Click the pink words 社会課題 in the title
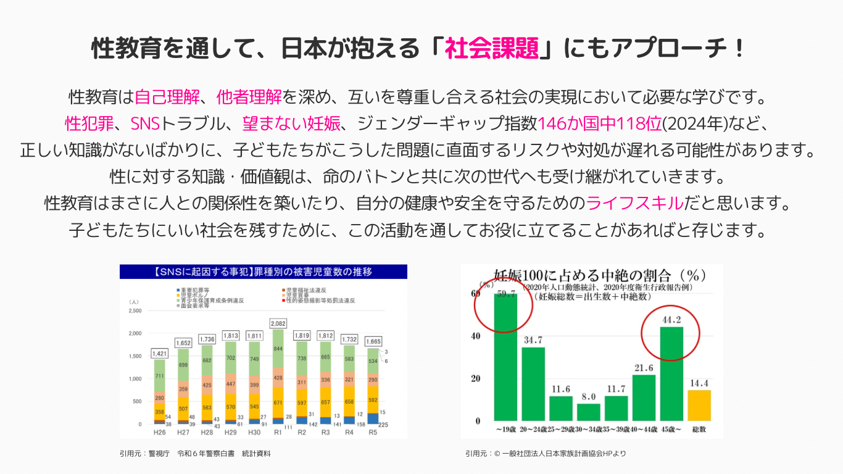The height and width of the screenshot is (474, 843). (491, 48)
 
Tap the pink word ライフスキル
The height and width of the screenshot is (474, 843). (635, 203)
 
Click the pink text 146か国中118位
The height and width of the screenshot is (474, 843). (599, 123)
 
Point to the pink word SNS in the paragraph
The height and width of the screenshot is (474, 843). (145, 123)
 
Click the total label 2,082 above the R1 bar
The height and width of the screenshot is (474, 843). (278, 323)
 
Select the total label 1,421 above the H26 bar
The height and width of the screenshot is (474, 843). (160, 354)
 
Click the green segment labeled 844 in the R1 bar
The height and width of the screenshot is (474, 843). (278, 348)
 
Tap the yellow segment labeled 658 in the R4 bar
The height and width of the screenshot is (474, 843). (349, 401)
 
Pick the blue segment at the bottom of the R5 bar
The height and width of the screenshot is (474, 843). (373, 418)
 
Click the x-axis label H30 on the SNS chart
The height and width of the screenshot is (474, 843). (254, 432)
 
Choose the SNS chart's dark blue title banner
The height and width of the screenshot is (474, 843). (264, 272)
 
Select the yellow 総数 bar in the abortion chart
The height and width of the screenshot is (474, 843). (699, 405)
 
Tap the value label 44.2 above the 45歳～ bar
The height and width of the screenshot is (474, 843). (671, 320)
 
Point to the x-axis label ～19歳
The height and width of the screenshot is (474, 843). (506, 428)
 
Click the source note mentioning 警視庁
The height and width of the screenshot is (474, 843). (196, 454)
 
